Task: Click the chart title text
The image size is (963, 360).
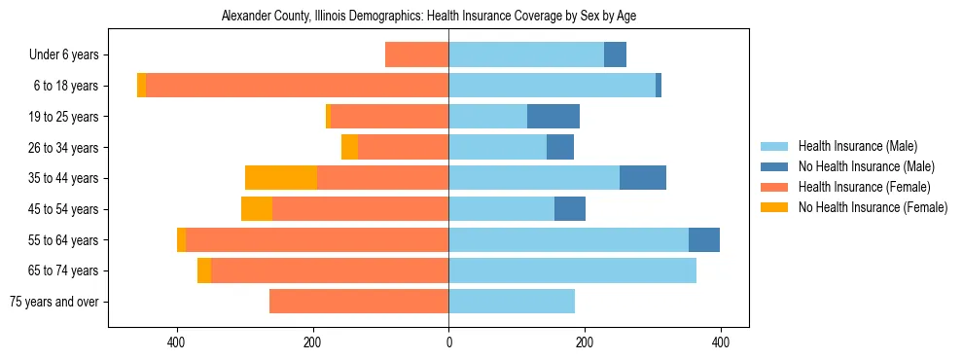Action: click(429, 17)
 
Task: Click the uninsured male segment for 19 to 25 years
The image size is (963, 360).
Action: click(553, 117)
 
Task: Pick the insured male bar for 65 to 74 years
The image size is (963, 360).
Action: click(572, 270)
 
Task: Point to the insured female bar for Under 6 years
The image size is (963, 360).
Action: click(416, 54)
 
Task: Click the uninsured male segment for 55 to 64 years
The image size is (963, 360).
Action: click(704, 239)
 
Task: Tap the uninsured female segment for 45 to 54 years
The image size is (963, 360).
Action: click(257, 209)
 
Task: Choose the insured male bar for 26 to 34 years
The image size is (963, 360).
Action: click(497, 147)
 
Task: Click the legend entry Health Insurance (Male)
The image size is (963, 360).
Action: click(857, 147)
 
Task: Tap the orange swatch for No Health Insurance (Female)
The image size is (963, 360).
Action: click(774, 207)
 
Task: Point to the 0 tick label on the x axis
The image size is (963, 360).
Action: click(448, 342)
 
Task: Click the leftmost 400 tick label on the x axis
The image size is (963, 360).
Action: click(177, 342)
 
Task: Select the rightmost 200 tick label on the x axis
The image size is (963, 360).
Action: click(585, 342)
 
